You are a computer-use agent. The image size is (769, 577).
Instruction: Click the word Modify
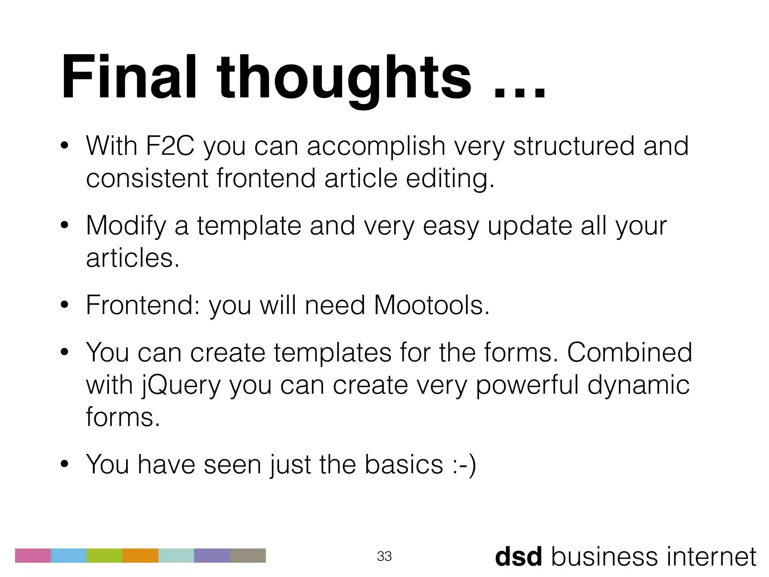pos(126,226)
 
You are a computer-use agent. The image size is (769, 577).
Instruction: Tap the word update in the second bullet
pos(530,227)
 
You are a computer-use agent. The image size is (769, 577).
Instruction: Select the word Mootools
pos(432,305)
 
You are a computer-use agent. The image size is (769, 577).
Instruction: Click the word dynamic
pos(638,386)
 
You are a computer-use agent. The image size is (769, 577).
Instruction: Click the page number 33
pos(384,556)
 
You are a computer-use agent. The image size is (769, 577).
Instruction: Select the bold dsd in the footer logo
pos(519,557)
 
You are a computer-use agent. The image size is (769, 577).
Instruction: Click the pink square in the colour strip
pos(33,556)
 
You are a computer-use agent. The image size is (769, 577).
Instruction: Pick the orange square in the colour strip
pos(140,556)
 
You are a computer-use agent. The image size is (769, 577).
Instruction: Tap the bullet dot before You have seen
pos(65,465)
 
